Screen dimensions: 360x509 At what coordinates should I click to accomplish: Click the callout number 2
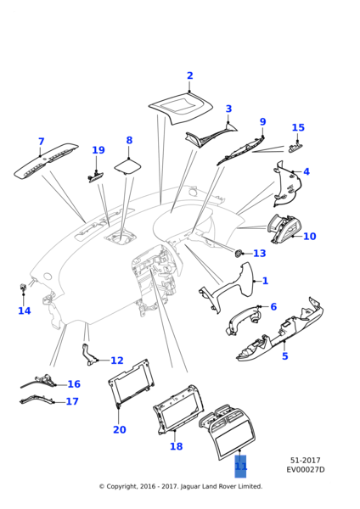pos(189,76)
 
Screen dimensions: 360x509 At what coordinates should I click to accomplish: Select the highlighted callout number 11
pos(241,467)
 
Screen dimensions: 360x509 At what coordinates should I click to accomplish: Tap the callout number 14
pos(25,310)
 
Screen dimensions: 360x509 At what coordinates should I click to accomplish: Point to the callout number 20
pos(119,429)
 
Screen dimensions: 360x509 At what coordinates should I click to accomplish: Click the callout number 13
pos(259,253)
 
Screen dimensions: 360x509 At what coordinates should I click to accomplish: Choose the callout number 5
pos(284,356)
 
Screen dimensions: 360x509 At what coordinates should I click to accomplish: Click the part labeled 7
pos(46,160)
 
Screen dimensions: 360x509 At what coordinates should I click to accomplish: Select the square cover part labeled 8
pos(127,166)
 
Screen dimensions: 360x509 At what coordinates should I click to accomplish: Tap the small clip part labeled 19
pos(96,176)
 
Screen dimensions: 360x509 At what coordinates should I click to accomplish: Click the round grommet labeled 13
pos(238,253)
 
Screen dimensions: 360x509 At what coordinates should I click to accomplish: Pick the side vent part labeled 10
pos(282,228)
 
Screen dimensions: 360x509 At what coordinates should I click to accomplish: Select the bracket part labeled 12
pos(88,355)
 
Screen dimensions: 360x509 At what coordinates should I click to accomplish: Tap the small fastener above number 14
pos(23,287)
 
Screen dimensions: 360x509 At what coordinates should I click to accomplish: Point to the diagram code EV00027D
pos(305,469)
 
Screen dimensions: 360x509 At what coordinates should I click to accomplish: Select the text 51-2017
pos(305,461)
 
